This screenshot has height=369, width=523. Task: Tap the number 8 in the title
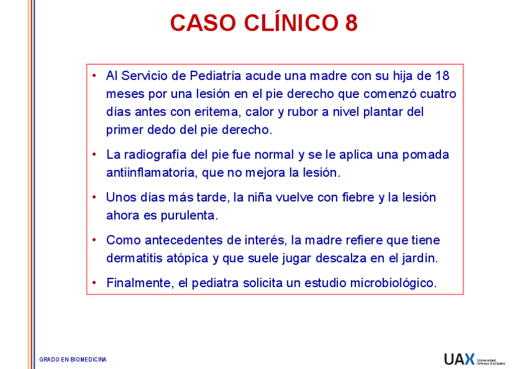352,23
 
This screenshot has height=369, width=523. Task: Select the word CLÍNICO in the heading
290,23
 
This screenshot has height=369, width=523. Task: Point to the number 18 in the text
442,76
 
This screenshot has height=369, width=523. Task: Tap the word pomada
426,155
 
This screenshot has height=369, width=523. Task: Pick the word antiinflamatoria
152,172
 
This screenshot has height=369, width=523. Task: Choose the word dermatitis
134,258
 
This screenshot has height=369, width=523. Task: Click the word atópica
188,258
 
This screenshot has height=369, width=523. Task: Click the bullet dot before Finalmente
94,283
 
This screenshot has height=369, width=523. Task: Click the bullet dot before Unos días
94,198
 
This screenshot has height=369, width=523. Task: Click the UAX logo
459,359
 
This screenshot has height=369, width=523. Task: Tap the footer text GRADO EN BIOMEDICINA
73,359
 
